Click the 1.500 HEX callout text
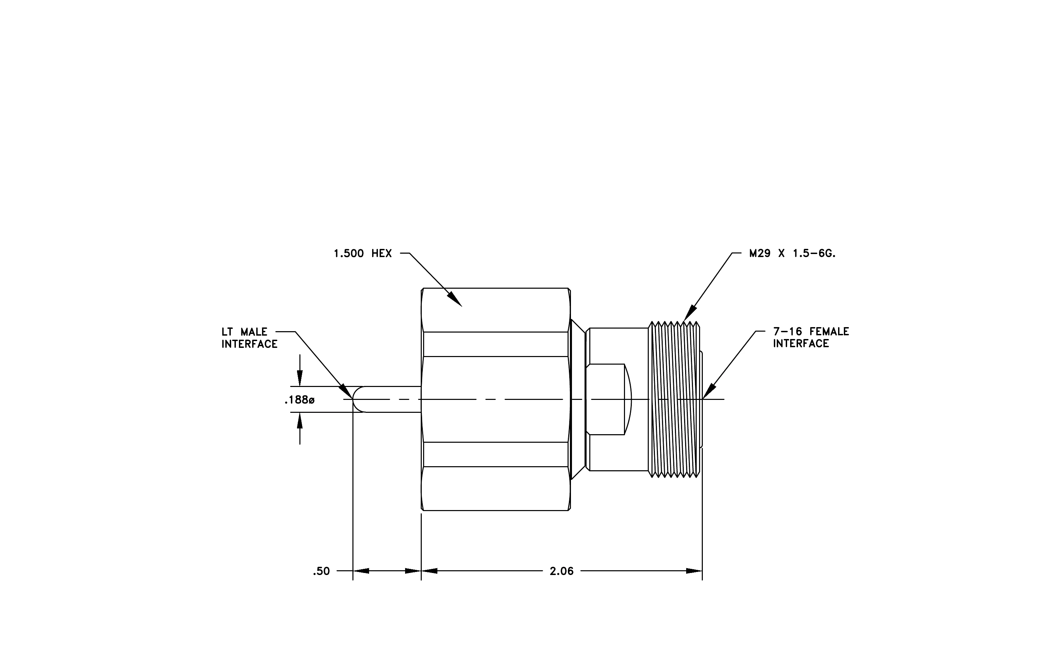pos(363,253)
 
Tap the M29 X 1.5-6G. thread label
pos(792,253)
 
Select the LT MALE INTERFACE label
pos(249,338)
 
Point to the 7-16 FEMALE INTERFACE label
pos(811,338)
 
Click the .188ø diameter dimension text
pos(299,400)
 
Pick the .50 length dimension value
pos(321,571)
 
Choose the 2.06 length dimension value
pos(562,571)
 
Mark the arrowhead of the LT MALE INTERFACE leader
pos(346,391)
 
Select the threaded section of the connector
pos(674,399)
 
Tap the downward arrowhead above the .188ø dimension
pos(300,378)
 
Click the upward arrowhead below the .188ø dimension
pos(300,420)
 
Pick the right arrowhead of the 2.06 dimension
pos(694,571)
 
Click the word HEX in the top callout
pos(382,253)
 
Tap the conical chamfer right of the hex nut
pos(578,399)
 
